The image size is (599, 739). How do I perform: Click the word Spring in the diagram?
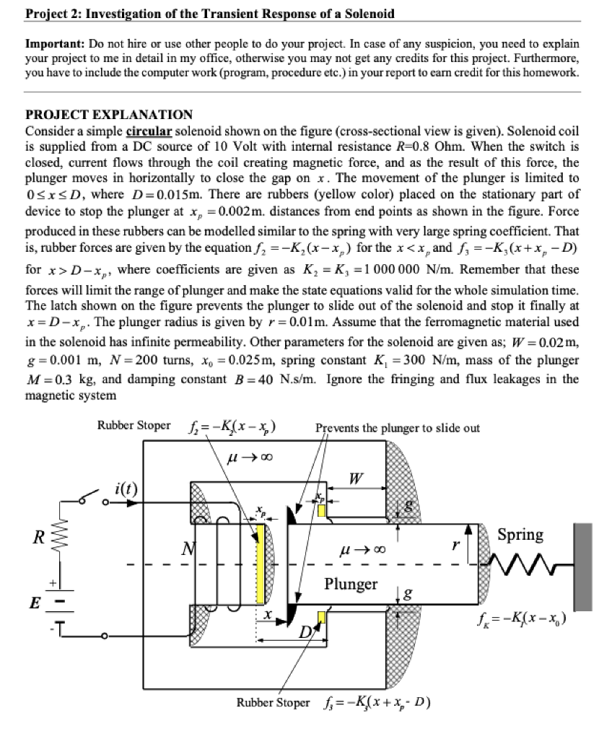(x=520, y=534)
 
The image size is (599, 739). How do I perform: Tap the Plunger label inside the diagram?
(x=351, y=584)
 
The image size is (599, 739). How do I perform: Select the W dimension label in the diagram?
(x=354, y=478)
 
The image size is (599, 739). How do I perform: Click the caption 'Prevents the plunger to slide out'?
(x=398, y=428)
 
